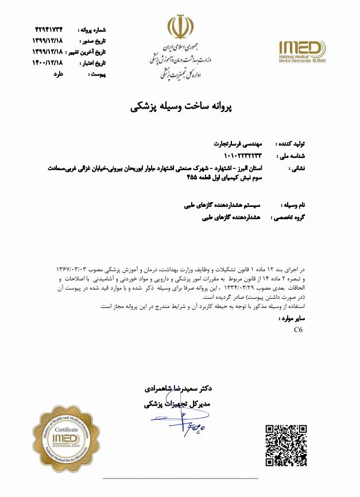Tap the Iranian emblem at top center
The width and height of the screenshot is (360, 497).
[180, 27]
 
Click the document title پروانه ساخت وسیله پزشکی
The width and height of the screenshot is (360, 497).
[180, 106]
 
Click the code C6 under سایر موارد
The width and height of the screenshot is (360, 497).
[298, 330]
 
